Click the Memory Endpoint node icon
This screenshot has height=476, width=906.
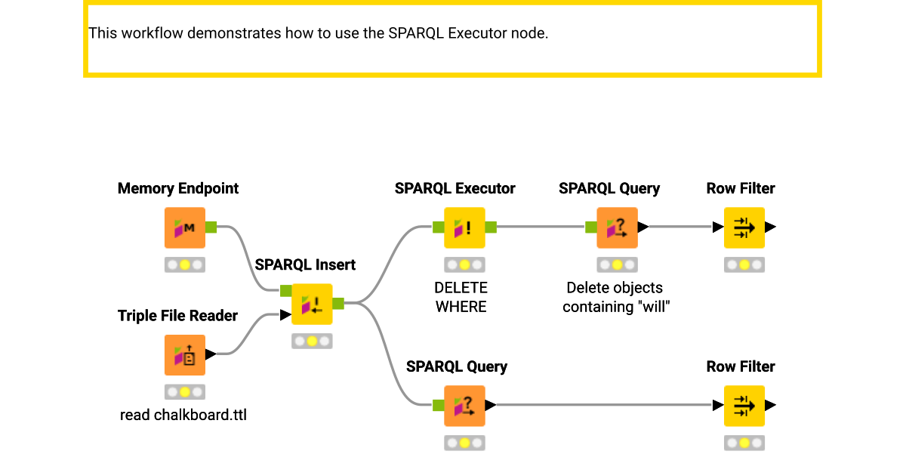click(x=184, y=227)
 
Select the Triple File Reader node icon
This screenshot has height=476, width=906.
click(x=184, y=354)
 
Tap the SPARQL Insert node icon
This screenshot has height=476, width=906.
click(x=312, y=304)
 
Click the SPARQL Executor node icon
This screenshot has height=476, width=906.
click(x=464, y=227)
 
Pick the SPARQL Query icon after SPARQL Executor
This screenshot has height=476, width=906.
click(x=616, y=227)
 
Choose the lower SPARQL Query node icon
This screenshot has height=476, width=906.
click(x=464, y=406)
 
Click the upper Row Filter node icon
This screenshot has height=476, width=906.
click(x=744, y=227)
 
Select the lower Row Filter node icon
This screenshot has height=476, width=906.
click(x=744, y=406)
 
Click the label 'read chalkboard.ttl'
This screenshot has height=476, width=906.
click(x=183, y=415)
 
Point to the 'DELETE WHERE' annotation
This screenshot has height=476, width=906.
click(x=461, y=297)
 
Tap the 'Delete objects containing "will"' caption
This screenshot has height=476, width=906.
click(x=616, y=297)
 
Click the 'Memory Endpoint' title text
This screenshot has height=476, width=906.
click(x=178, y=189)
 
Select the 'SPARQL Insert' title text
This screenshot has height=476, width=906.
click(x=305, y=265)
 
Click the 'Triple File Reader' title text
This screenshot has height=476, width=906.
click(x=178, y=316)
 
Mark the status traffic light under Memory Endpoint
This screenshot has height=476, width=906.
click(x=184, y=265)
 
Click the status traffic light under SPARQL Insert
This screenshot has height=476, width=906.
click(x=312, y=342)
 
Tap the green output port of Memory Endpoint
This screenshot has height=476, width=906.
click(x=211, y=227)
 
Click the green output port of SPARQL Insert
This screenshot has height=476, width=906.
click(x=338, y=304)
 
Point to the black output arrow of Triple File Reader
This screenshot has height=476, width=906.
click(x=211, y=354)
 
